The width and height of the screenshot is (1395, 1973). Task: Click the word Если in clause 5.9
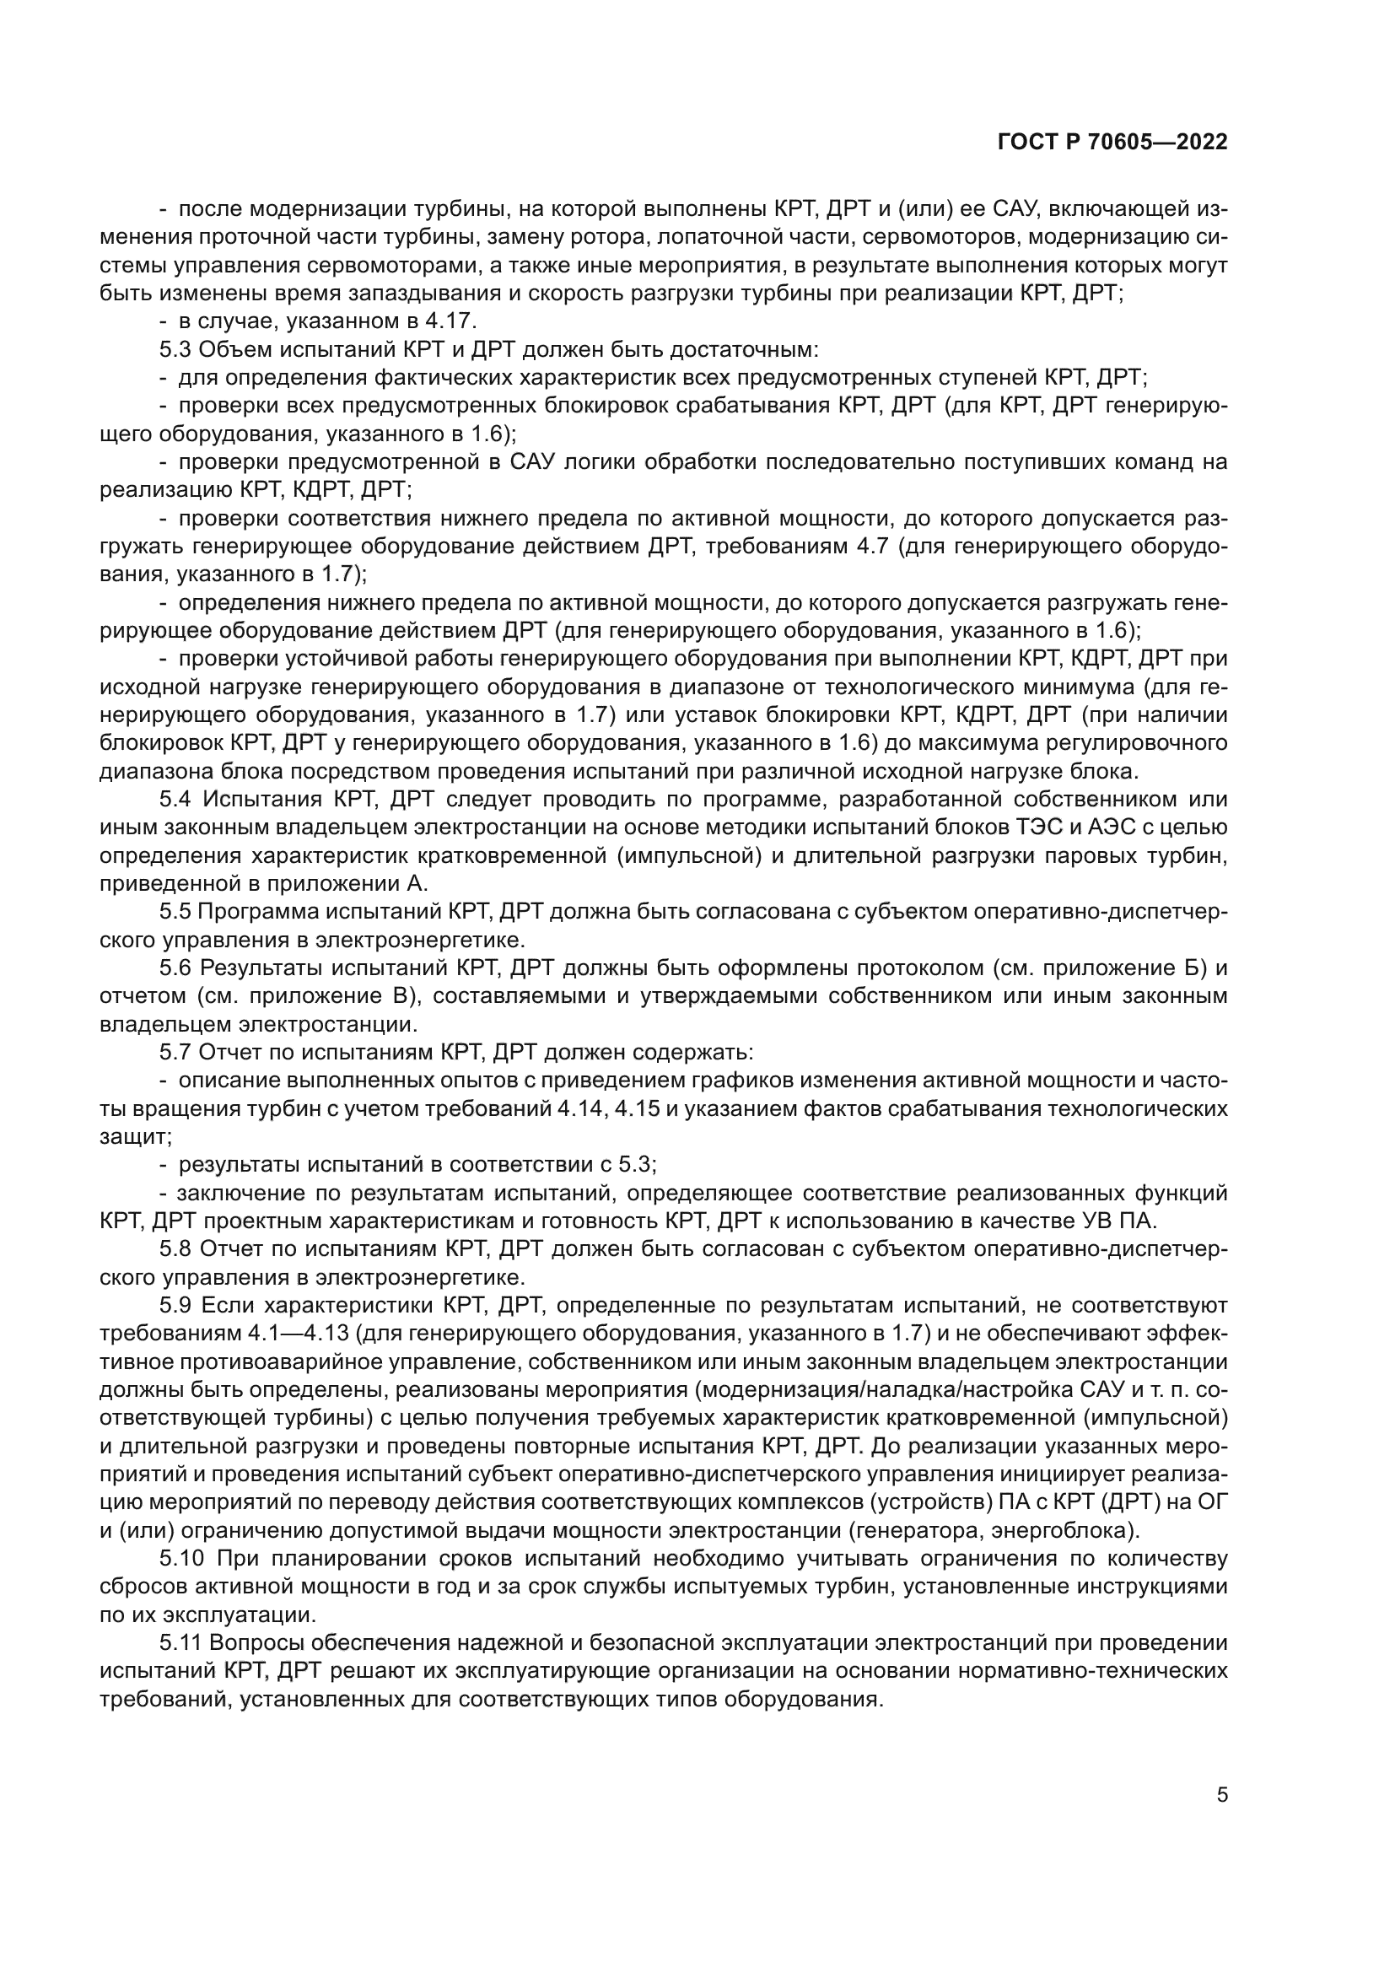point(228,1306)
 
